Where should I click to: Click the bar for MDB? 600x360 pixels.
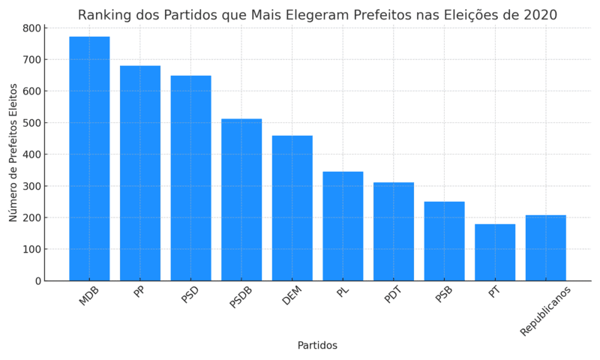89,158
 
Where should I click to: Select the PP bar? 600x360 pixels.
140,173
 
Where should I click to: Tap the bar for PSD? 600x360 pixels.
190,178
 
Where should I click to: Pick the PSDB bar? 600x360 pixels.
241,199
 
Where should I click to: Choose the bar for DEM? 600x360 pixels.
292,208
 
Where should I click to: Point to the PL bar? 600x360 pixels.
343,226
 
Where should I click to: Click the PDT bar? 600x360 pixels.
394,231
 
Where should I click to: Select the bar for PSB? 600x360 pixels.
444,241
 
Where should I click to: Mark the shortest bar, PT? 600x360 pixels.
495,252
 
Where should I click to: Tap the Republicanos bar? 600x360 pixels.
546,247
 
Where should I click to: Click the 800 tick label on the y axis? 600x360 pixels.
31,28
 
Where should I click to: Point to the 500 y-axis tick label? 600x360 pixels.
31,123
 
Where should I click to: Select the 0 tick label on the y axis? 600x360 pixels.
37,281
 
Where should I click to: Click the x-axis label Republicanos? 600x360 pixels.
546,310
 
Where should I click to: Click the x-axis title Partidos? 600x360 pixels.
317,346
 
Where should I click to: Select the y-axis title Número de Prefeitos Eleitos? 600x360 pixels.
13,152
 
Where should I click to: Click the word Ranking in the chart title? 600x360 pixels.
106,15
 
